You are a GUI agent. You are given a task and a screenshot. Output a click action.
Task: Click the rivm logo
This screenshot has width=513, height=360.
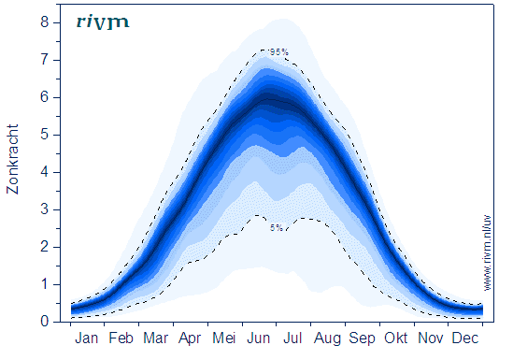point(103,22)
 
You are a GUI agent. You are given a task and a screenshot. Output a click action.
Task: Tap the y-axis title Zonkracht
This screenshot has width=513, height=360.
point(12,159)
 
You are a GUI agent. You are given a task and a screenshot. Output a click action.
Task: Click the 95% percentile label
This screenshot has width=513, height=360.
point(279,51)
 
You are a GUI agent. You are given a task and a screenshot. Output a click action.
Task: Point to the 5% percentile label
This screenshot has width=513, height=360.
point(277,228)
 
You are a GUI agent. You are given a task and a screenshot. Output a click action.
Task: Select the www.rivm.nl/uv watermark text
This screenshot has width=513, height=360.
point(487,252)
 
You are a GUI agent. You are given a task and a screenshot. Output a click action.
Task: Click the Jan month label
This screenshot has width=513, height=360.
point(86,338)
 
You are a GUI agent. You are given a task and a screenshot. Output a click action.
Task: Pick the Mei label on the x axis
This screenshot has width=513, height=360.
point(223,338)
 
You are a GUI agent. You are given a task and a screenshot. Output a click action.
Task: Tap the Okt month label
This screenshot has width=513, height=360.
point(396,338)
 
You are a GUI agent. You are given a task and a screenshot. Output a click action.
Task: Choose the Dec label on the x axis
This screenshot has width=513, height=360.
point(465,338)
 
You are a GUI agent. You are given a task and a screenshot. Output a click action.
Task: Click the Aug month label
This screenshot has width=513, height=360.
point(327,338)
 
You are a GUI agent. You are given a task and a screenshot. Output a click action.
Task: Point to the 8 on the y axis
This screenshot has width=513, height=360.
point(45,22)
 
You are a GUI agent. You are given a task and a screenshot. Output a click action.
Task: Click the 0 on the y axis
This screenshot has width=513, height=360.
point(45,322)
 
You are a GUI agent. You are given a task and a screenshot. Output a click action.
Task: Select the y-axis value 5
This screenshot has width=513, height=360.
point(45,135)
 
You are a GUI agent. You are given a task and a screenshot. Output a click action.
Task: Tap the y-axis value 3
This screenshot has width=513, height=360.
point(45,209)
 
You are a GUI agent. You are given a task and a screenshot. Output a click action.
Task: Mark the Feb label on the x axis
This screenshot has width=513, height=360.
point(121,338)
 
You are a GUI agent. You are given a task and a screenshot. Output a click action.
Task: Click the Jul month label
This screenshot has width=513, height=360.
point(292,338)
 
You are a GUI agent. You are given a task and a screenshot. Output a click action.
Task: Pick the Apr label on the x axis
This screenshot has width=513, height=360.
point(190,338)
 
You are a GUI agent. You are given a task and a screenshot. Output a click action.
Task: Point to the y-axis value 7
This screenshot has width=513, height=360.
point(45,60)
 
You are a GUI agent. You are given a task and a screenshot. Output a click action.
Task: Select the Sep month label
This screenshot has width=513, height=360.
point(362,338)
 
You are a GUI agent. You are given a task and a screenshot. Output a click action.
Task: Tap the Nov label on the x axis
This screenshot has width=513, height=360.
point(431,338)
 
